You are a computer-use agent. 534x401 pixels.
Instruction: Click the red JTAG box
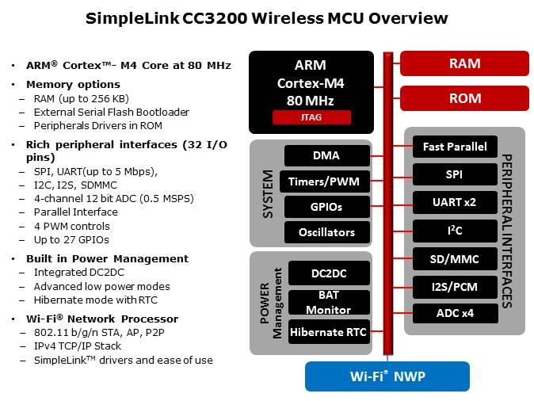pos(311,117)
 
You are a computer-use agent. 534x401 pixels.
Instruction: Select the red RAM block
pos(464,63)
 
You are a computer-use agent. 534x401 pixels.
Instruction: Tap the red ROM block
pos(464,98)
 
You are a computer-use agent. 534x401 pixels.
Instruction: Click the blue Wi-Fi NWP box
pos(387,376)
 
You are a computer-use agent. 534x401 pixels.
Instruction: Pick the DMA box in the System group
pos(327,155)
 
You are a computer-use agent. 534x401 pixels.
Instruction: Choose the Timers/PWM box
pos(325,181)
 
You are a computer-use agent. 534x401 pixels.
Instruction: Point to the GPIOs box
pos(327,207)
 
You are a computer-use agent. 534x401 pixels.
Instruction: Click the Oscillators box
pos(327,232)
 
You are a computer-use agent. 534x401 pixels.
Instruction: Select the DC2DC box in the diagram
pos(329,273)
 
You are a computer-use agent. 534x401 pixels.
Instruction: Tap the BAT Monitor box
pos(329,303)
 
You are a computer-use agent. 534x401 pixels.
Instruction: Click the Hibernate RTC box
pos(329,332)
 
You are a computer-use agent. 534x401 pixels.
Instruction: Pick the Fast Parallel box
pos(455,147)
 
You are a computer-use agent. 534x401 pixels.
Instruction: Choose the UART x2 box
pos(455,202)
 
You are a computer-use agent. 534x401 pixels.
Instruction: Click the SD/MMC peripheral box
pos(455,259)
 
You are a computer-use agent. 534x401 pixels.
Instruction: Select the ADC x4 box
pos(456,314)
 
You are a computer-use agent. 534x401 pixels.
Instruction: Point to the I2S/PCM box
pos(455,287)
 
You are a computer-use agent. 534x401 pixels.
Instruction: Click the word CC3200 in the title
pos(215,18)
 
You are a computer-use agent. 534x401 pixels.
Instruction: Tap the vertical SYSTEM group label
pos(268,194)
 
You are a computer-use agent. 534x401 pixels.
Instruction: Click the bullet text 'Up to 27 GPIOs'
pos(71,240)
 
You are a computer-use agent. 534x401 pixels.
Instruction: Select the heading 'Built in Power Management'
pos(107,259)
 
